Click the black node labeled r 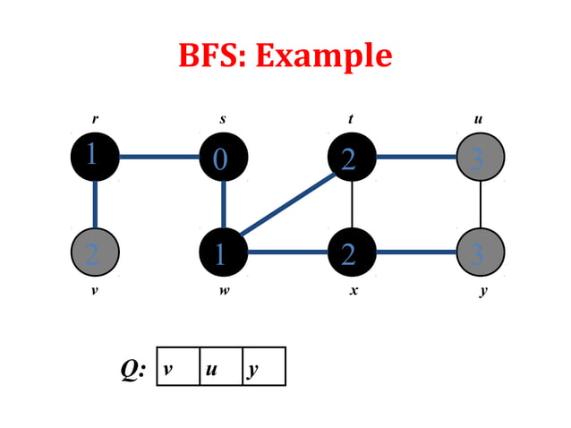pyautogui.click(x=95, y=157)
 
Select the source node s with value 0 pyautogui.click(x=223, y=158)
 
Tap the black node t pyautogui.click(x=351, y=158)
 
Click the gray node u pyautogui.click(x=481, y=158)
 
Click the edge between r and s pyautogui.click(x=158, y=158)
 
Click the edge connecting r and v pyautogui.click(x=95, y=205)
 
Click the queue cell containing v pyautogui.click(x=177, y=366)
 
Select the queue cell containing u pyautogui.click(x=220, y=366)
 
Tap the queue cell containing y pyautogui.click(x=264, y=366)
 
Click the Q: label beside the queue pyautogui.click(x=133, y=369)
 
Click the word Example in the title pyautogui.click(x=324, y=56)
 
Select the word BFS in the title pyautogui.click(x=213, y=56)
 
